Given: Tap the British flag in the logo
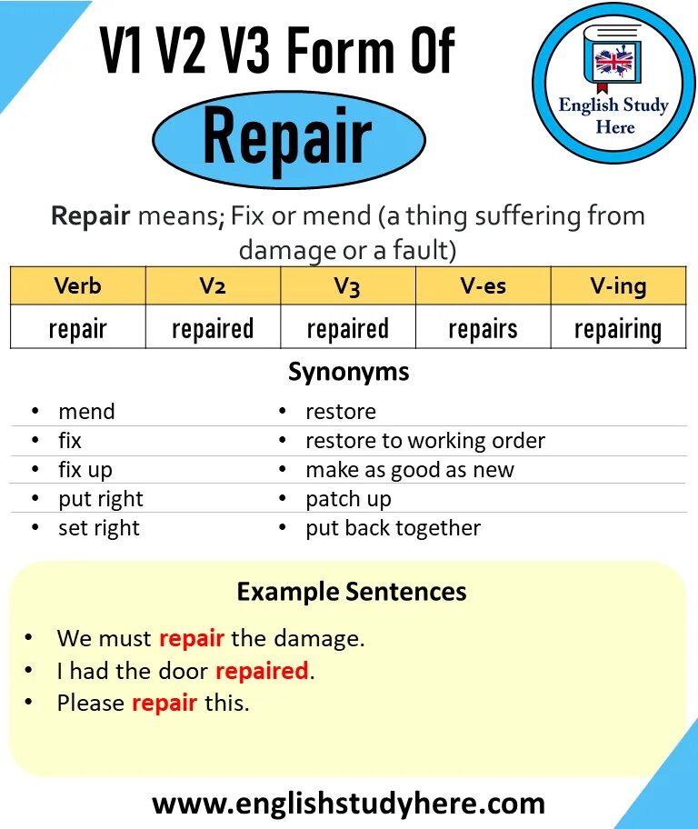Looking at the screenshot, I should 613,63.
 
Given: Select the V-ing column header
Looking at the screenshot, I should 618,286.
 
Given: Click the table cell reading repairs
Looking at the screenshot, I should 483,328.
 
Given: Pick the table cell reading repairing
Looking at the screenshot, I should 618,328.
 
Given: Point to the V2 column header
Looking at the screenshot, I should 213,286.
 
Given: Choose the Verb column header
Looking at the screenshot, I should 77,286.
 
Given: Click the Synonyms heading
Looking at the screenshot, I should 348,372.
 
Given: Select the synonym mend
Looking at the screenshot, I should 86,412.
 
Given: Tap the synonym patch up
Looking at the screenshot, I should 348,499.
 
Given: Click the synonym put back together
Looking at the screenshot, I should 393,528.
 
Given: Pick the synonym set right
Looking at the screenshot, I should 98,528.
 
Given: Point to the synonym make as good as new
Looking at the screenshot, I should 409,470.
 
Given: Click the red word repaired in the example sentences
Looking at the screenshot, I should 262,671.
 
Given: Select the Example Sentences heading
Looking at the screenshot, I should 351,593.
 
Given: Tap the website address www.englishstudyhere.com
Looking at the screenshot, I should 348,804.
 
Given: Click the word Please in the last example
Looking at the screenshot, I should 91,703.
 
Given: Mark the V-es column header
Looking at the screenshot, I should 483,286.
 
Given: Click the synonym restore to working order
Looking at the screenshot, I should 424,441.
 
